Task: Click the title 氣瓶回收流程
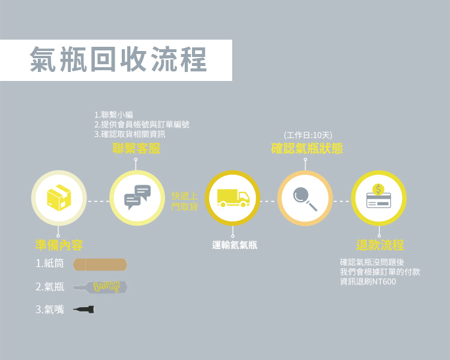click(x=118, y=60)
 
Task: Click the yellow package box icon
click(x=59, y=197)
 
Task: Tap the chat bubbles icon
click(x=137, y=197)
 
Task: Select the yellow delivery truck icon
click(x=233, y=197)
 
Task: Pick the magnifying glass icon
click(x=305, y=197)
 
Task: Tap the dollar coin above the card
click(x=378, y=189)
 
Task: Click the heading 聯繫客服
click(x=137, y=149)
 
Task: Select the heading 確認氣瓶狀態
click(x=307, y=149)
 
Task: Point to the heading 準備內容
click(x=59, y=245)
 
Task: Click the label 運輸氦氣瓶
click(x=235, y=245)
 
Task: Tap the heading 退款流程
click(x=380, y=245)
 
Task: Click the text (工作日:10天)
click(x=308, y=136)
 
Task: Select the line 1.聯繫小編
click(x=113, y=115)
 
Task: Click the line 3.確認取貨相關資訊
click(x=130, y=134)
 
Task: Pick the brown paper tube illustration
click(x=100, y=265)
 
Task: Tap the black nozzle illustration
click(x=84, y=310)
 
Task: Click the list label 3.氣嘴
click(x=50, y=310)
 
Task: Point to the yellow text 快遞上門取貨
click(x=184, y=201)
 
